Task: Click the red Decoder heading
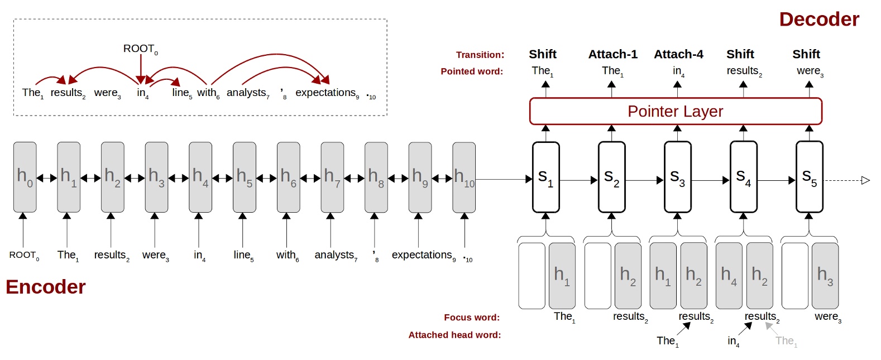[x=818, y=20]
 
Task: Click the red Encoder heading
[x=46, y=287]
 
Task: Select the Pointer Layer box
[x=676, y=112]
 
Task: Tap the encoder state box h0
[x=25, y=177]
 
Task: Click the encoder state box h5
[x=244, y=177]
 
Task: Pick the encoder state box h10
[x=464, y=177]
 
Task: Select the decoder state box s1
[x=545, y=177]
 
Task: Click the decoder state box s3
[x=677, y=177]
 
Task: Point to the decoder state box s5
[x=809, y=177]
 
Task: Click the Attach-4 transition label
[x=678, y=54]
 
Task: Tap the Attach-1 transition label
[x=612, y=54]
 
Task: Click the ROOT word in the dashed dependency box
[x=140, y=49]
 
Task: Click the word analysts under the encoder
[x=335, y=255]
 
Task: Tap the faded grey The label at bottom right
[x=786, y=341]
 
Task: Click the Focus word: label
[x=472, y=318]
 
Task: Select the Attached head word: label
[x=454, y=335]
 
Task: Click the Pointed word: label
[x=472, y=71]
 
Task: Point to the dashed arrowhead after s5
[x=865, y=180]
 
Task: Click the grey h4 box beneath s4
[x=729, y=276]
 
